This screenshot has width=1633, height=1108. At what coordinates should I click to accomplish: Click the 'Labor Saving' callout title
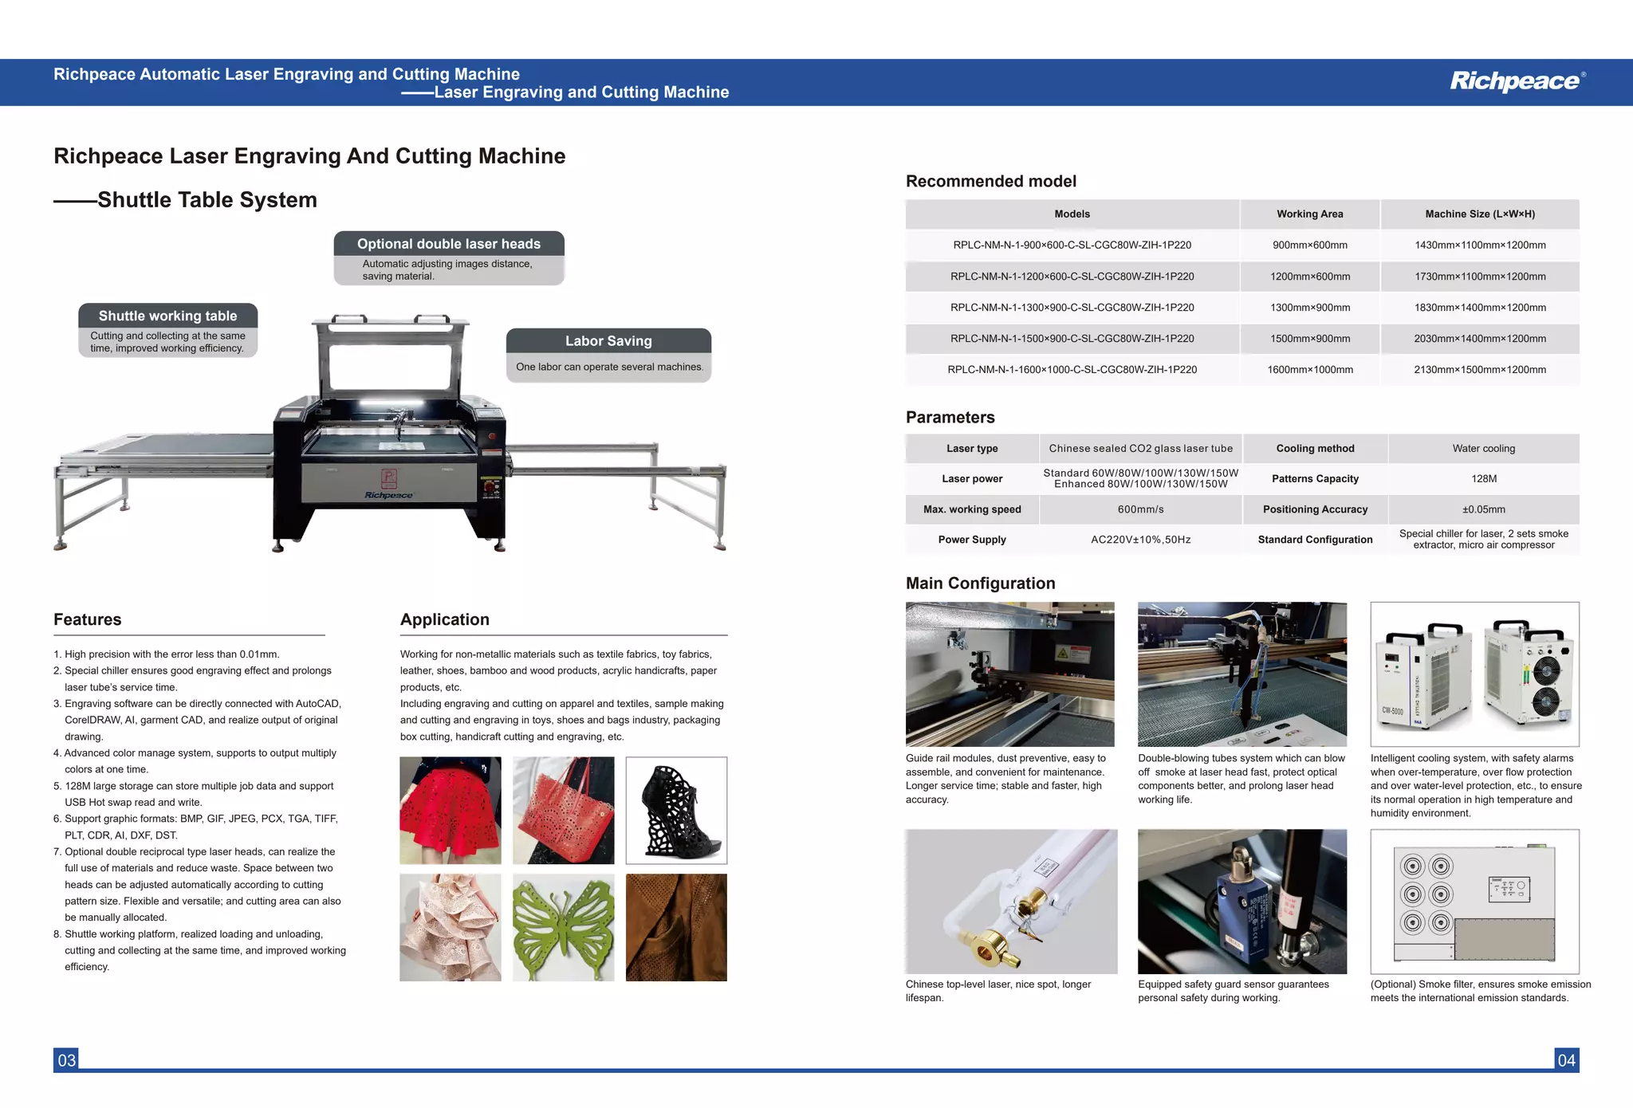[608, 341]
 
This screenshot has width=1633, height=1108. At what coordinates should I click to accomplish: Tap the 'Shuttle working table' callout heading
[167, 316]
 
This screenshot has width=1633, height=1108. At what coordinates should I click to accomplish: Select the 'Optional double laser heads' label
[448, 244]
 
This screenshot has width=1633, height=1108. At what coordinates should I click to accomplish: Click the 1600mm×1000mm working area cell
[1309, 370]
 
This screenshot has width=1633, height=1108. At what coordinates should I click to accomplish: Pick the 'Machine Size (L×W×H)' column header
[1479, 214]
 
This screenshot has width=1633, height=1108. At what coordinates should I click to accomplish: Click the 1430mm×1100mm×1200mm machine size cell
[1479, 246]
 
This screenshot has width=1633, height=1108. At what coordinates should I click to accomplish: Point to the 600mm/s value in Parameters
[1140, 509]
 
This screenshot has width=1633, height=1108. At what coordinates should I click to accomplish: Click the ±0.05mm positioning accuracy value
[1483, 509]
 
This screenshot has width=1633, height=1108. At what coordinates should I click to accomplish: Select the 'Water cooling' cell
[1483, 449]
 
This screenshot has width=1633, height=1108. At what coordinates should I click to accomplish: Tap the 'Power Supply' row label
[971, 540]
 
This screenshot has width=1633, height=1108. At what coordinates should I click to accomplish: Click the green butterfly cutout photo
[563, 927]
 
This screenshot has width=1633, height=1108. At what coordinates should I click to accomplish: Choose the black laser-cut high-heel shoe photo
[676, 810]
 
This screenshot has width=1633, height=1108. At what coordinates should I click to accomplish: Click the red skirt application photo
[451, 810]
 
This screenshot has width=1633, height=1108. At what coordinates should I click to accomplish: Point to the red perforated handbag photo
[563, 810]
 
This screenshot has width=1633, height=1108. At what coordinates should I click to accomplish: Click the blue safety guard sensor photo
[1241, 901]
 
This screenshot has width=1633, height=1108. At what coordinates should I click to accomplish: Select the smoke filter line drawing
[1474, 901]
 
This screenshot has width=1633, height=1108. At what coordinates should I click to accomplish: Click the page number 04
[1566, 1060]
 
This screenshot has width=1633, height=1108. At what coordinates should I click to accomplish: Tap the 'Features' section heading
[88, 619]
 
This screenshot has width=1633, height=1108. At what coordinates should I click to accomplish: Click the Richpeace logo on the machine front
[388, 495]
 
